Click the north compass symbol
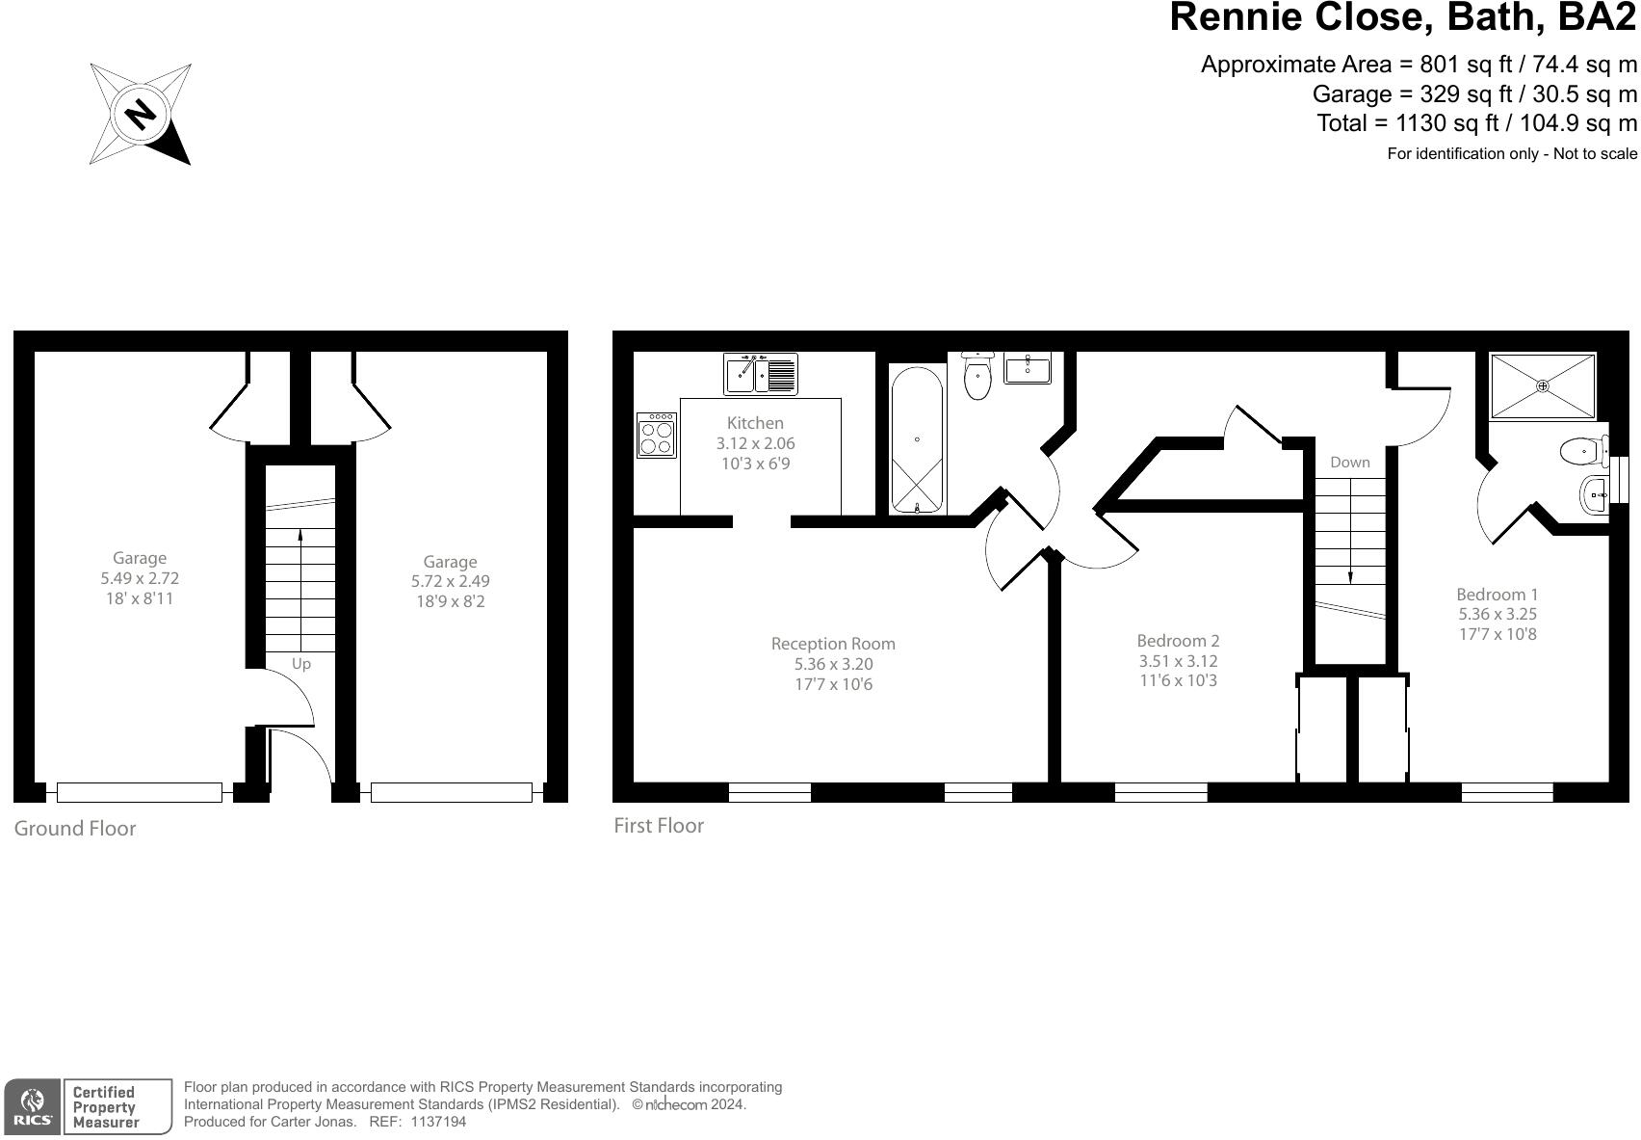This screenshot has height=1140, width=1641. [141, 114]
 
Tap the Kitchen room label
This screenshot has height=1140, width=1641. [755, 423]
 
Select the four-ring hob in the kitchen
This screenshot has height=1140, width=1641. [657, 435]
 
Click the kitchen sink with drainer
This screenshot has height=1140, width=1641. [761, 374]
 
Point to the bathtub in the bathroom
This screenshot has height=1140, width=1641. [916, 440]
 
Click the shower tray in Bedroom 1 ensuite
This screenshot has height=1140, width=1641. [1543, 385]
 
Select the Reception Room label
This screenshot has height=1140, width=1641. [833, 644]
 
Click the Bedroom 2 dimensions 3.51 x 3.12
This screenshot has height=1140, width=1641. [1178, 661]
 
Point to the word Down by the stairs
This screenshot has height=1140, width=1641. [1349, 463]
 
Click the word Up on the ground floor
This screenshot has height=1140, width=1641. [301, 664]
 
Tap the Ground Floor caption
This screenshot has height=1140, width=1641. [75, 829]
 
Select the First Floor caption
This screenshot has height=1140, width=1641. [659, 826]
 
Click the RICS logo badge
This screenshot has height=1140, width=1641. [33, 1107]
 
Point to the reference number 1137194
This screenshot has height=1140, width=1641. [438, 1122]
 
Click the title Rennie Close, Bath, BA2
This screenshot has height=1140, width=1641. [1402, 17]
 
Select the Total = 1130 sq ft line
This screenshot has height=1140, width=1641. [1476, 123]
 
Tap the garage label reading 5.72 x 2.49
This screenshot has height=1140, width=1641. [450, 582]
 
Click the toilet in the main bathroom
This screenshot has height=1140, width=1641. [977, 377]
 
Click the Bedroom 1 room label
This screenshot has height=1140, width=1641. [1497, 595]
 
